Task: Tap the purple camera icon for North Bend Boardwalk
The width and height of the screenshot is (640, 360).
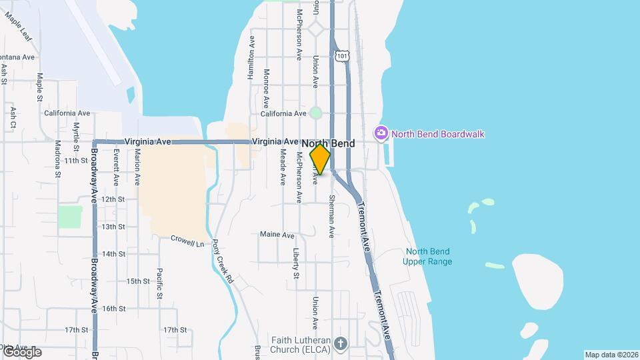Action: coord(381,133)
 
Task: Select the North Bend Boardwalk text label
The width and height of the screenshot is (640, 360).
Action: coord(437,134)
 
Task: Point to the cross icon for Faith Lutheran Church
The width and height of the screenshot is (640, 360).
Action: coord(341,343)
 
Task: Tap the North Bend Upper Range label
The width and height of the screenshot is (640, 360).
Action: coord(427,257)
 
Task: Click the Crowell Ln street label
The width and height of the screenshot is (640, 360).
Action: coord(187,239)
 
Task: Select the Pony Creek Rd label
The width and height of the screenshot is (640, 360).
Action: coord(222,263)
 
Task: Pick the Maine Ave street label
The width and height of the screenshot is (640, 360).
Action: coord(277,235)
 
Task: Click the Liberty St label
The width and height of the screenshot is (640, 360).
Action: coord(296,263)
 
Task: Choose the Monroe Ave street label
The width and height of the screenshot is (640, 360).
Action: coord(266,89)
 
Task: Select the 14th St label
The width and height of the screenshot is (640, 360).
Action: coord(114,254)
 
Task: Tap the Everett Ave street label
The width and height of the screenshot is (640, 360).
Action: coord(116,167)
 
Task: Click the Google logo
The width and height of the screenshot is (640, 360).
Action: coord(21,351)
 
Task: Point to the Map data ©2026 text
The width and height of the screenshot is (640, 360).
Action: coord(611,355)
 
